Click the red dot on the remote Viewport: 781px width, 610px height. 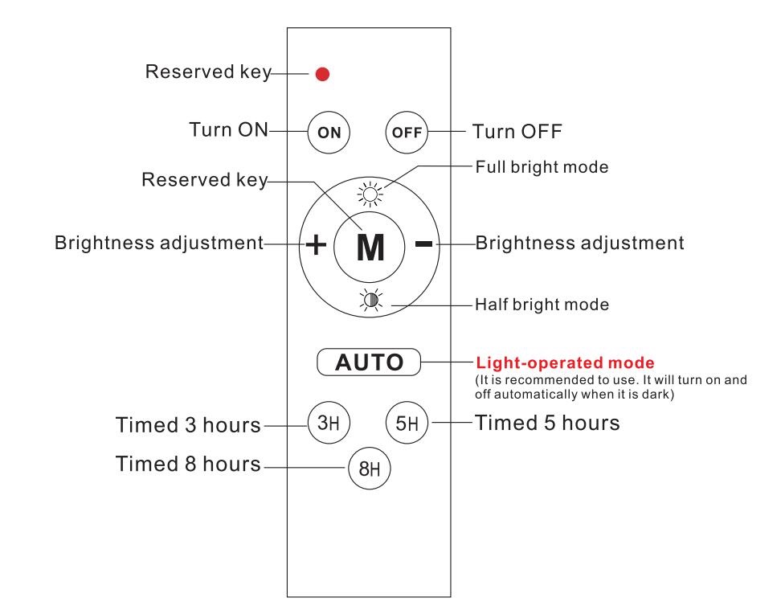click(x=323, y=75)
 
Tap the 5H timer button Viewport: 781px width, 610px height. click(x=407, y=421)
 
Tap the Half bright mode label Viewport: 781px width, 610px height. click(x=542, y=305)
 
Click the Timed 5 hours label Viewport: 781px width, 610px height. click(x=548, y=422)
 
